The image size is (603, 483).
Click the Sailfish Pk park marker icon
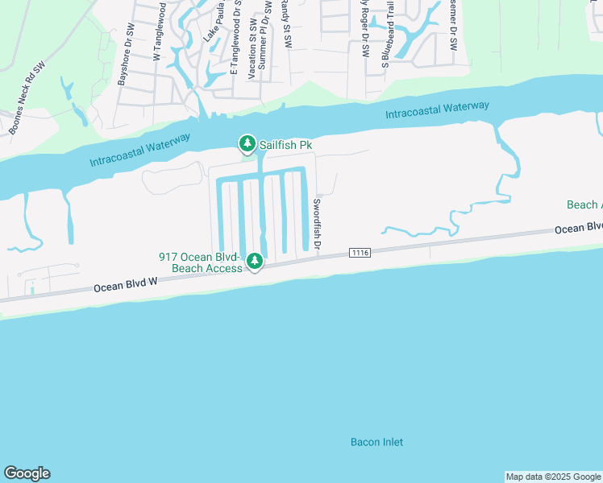click(247, 144)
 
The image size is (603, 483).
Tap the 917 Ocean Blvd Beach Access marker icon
click(255, 261)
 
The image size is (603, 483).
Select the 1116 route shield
click(360, 253)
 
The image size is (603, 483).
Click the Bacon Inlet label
click(376, 442)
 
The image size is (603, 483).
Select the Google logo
click(27, 473)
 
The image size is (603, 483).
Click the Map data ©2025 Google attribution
click(553, 477)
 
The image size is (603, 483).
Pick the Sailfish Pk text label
click(285, 146)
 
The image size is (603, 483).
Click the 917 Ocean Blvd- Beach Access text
click(200, 262)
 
